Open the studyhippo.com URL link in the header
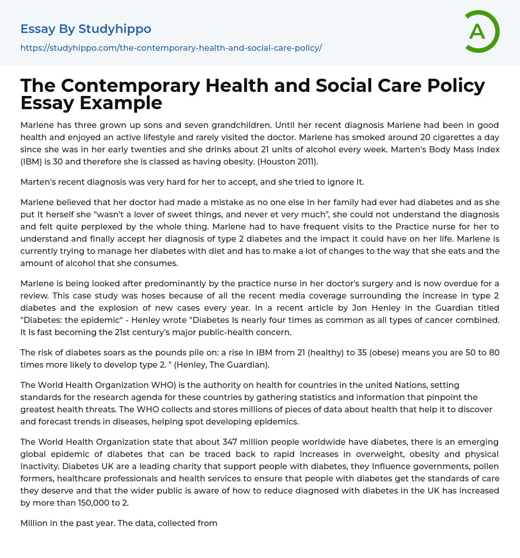pos(171,48)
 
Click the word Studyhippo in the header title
pos(115,29)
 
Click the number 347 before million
pos(233,442)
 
